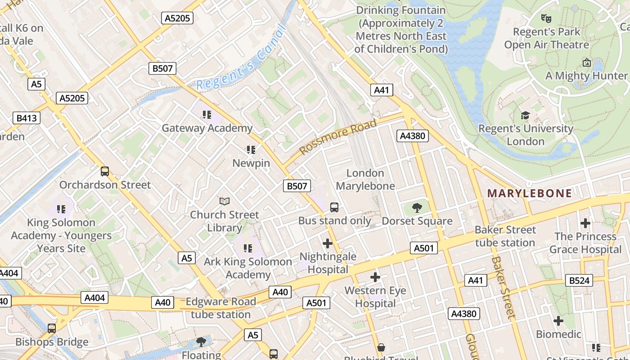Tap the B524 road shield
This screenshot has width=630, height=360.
click(x=579, y=280)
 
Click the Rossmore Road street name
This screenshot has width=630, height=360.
click(x=337, y=136)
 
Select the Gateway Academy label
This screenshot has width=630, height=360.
click(x=207, y=128)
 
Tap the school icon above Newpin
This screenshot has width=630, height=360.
click(x=251, y=149)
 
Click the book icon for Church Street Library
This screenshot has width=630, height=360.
click(x=224, y=201)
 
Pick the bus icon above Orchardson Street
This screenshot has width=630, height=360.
click(x=105, y=171)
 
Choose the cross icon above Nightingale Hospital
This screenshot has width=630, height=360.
click(x=328, y=243)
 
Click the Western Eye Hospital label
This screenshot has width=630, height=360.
click(x=375, y=297)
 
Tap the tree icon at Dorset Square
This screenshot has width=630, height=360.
click(x=417, y=207)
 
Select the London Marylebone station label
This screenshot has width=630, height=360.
click(x=365, y=180)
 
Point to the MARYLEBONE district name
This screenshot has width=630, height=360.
click(x=530, y=193)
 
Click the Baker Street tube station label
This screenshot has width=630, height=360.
click(x=505, y=236)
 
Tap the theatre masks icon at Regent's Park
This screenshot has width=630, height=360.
click(x=546, y=18)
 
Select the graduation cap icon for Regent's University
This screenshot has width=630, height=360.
click(x=525, y=116)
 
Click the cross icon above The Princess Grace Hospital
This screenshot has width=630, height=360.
click(x=585, y=223)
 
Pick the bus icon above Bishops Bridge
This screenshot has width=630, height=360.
click(x=52, y=328)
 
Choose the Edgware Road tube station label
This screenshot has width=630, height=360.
click(x=220, y=308)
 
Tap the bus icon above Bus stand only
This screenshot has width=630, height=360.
click(x=334, y=207)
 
